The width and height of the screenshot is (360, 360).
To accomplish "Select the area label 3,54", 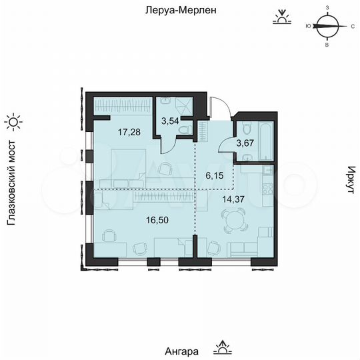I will point(171,121).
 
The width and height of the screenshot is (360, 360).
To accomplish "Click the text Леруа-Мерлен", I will point(180,11).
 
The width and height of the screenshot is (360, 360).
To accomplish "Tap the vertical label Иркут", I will point(349,181).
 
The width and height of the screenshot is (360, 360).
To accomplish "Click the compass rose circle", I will point(327,27).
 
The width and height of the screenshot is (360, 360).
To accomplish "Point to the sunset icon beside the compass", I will point(283,17).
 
